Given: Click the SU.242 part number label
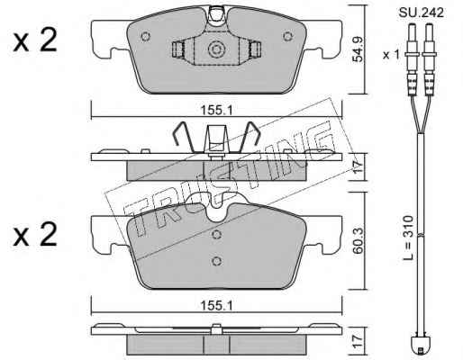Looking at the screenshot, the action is click(422, 13).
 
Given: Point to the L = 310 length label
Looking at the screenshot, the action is click(409, 238).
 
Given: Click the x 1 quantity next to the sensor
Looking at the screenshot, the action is click(391, 55).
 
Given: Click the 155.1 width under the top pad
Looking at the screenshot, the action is click(216, 111).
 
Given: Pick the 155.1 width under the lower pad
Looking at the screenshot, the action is click(216, 306).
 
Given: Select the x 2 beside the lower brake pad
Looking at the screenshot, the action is click(35, 235).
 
